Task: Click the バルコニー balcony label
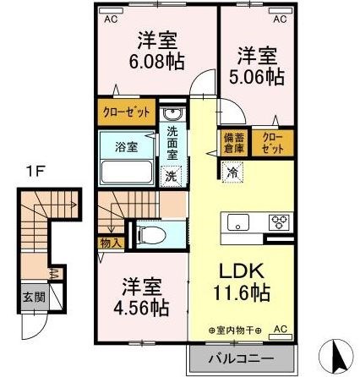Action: [240, 359]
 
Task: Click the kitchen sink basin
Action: [237, 223]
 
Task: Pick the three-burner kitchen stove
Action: [278, 223]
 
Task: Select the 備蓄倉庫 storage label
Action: [231, 140]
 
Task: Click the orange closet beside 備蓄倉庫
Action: [271, 140]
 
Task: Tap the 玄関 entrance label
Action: [29, 298]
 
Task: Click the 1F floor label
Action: [33, 169]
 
